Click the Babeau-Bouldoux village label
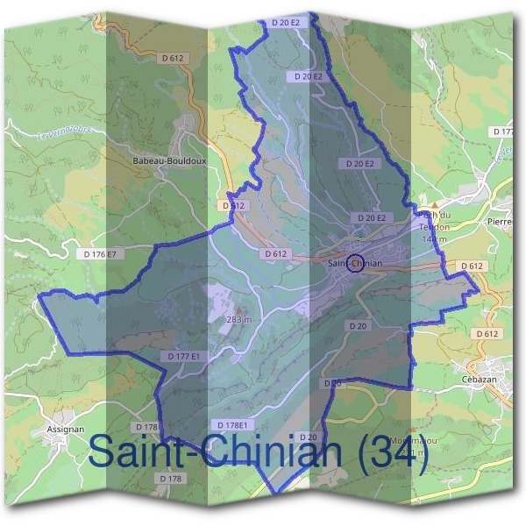169,161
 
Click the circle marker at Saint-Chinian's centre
355,262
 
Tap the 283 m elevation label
238,320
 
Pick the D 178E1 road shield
238,425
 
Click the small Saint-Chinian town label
355,263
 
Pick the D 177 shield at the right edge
503,131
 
